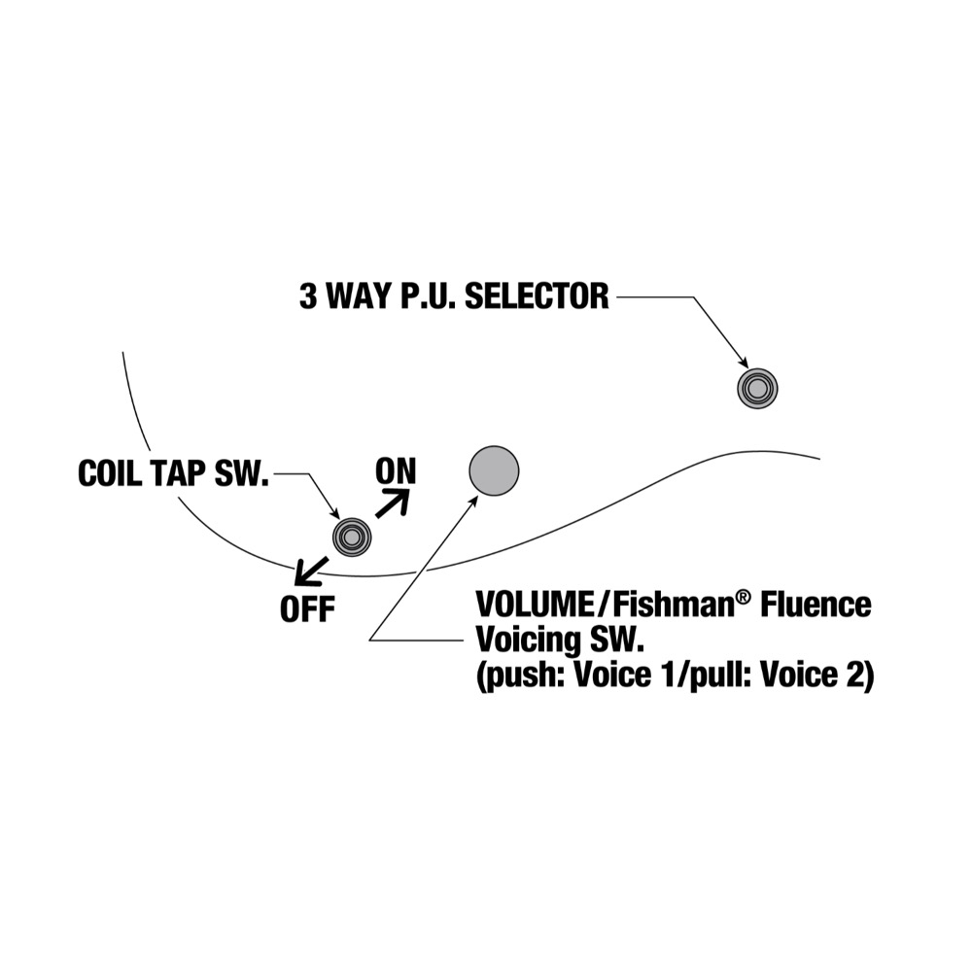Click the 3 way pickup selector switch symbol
click(x=757, y=388)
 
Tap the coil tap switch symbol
click(x=351, y=536)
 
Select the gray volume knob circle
click(x=494, y=470)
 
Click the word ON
click(x=396, y=471)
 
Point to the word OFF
click(x=307, y=609)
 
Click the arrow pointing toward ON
click(x=393, y=503)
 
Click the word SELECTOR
click(x=537, y=296)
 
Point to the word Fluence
click(x=816, y=605)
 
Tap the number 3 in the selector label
click(x=308, y=296)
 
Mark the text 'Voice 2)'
click(x=821, y=676)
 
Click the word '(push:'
click(x=514, y=676)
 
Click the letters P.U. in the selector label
click(x=424, y=296)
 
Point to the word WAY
click(x=356, y=296)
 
